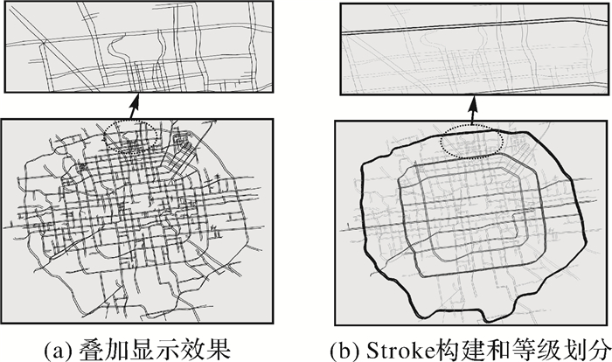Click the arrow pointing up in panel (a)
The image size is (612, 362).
click(133, 107)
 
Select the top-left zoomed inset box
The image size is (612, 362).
click(132, 47)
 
